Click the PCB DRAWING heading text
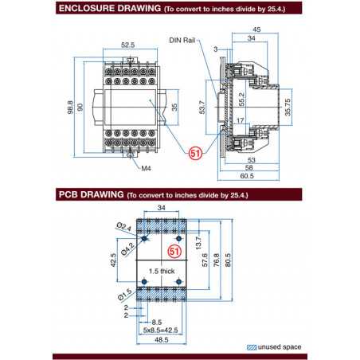(x=88, y=194)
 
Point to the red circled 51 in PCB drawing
(x=178, y=250)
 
